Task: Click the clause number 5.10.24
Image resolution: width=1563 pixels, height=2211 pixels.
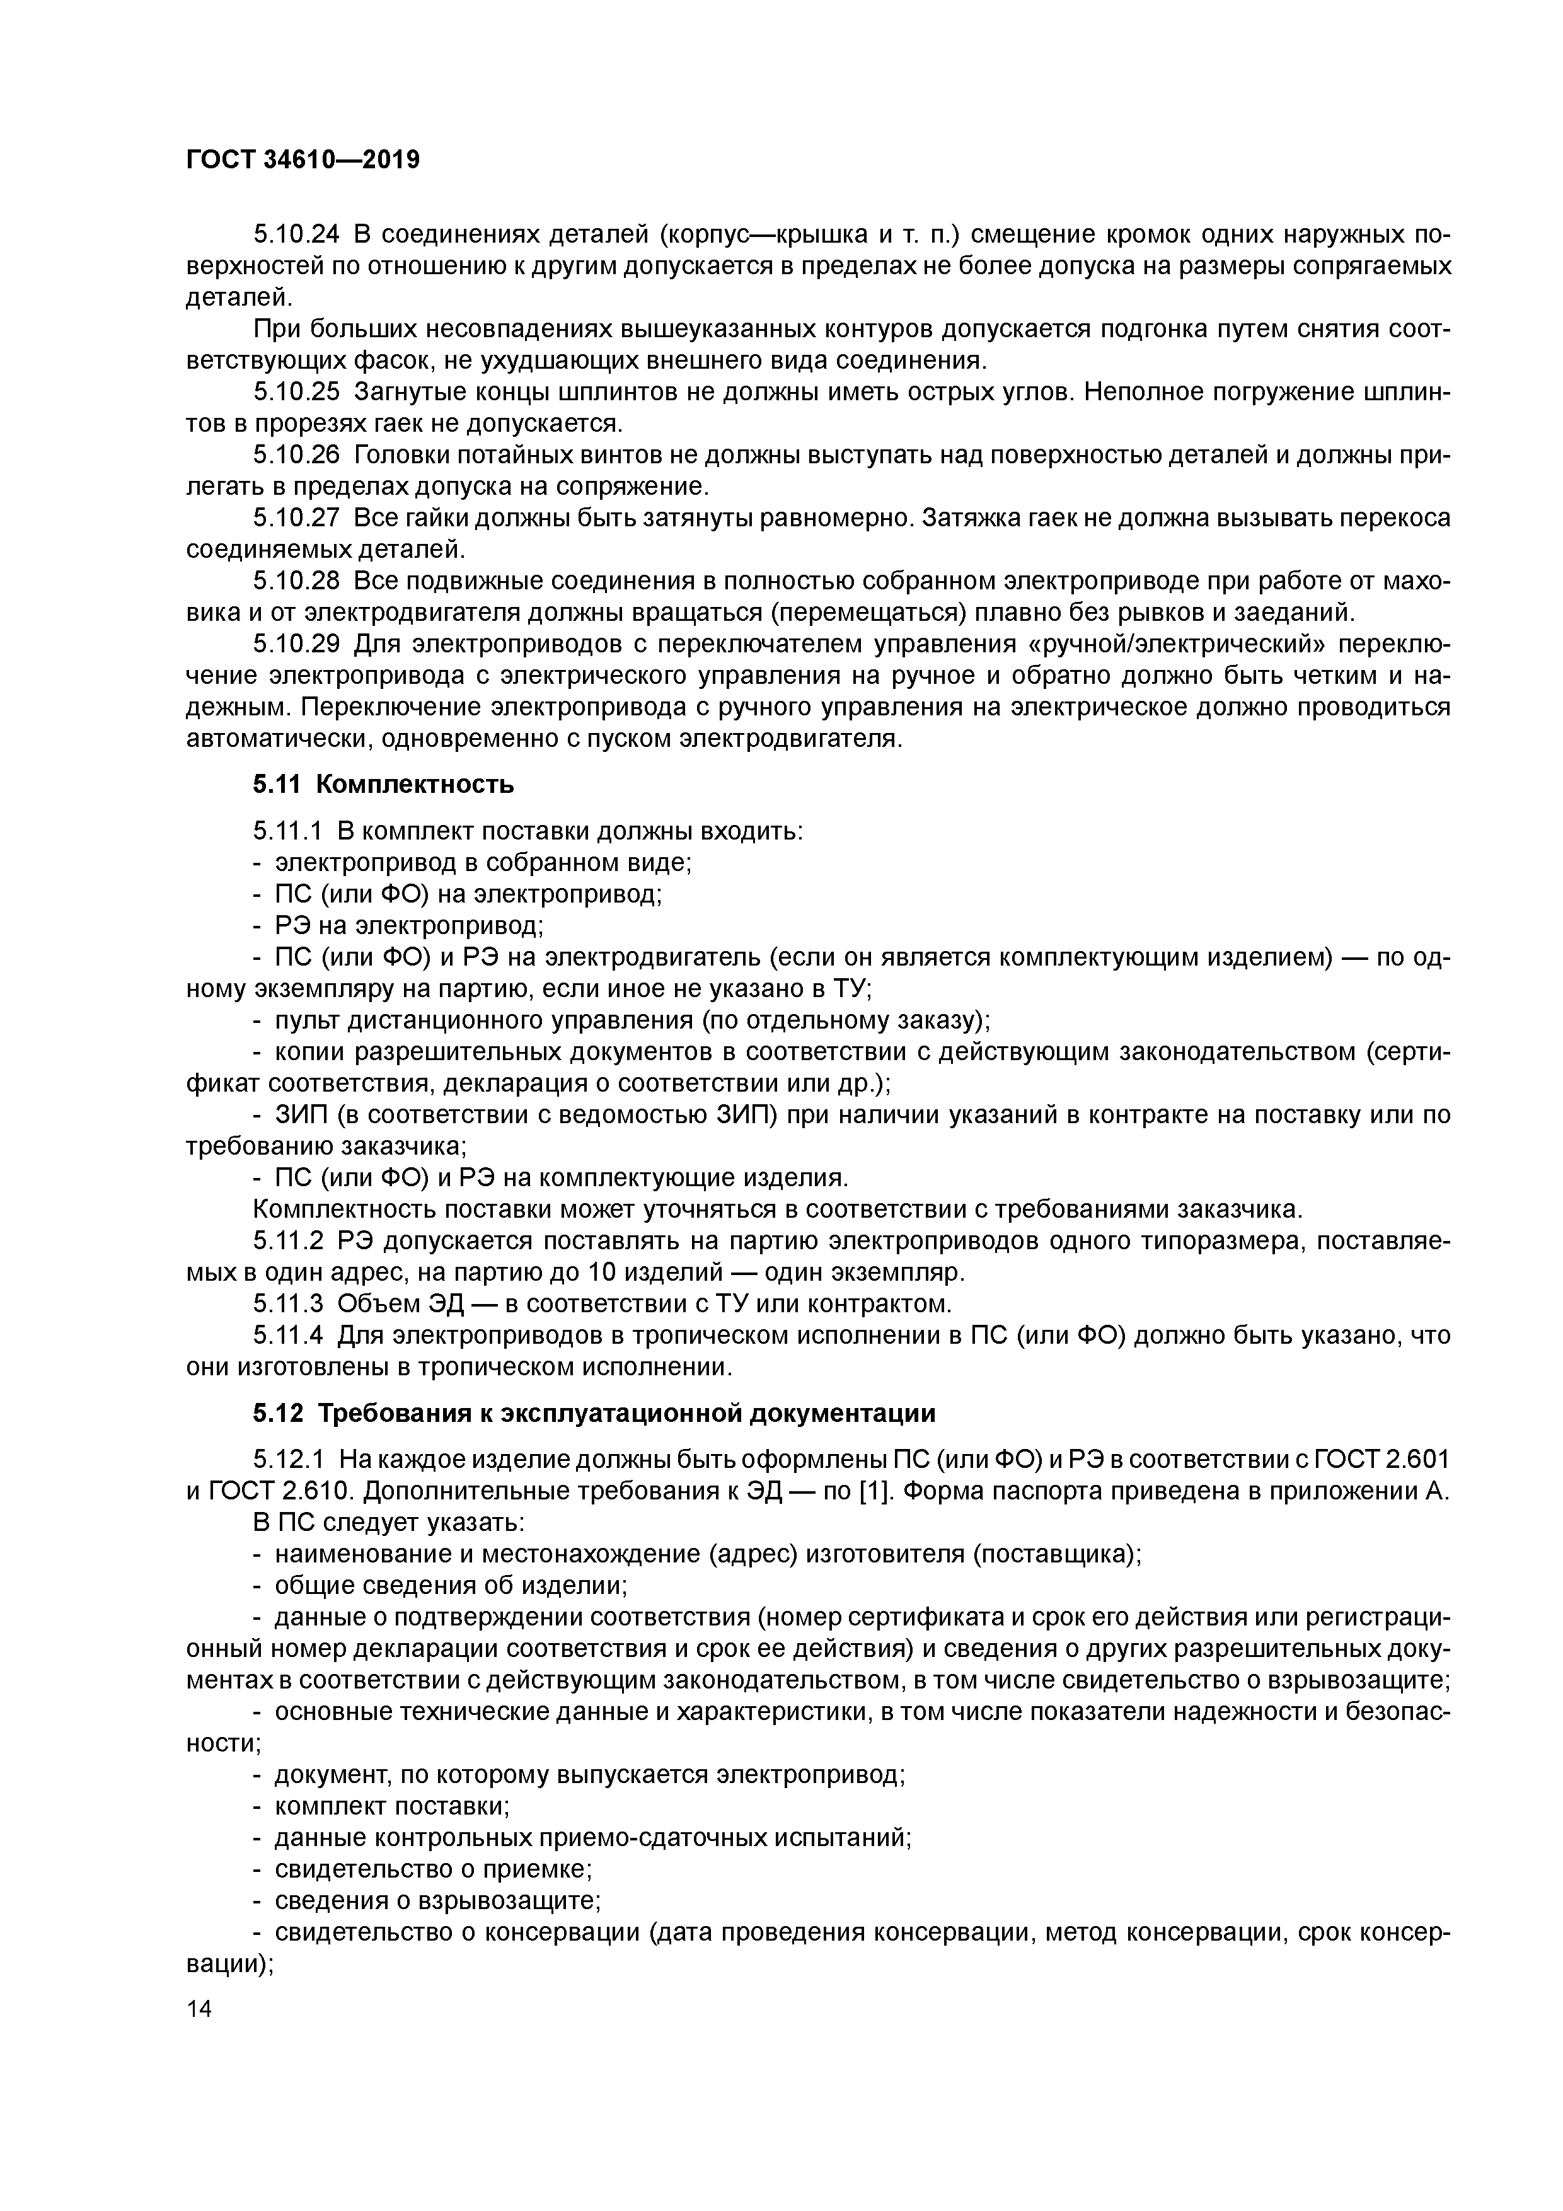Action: click(297, 234)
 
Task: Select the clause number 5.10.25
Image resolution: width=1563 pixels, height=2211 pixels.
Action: click(297, 392)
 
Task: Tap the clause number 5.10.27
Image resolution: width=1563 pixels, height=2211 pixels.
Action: click(297, 518)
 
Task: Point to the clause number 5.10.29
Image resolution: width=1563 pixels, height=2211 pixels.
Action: click(297, 644)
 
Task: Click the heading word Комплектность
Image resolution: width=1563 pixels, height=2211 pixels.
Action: click(415, 785)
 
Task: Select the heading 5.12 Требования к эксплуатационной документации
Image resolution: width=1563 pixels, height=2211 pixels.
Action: click(594, 1414)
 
